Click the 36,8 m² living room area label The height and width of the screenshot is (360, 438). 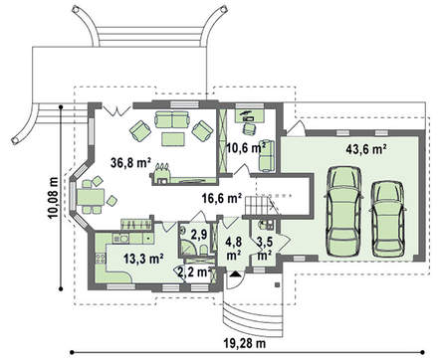coord(131,163)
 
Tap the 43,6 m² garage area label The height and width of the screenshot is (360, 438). coord(366,149)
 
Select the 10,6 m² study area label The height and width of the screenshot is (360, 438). coord(246,147)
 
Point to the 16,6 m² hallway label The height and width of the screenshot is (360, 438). coord(222,198)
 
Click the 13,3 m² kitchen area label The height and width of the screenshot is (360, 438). coord(143,259)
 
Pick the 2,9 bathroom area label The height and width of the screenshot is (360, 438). coord(199,235)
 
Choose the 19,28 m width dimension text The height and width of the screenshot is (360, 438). coord(246,343)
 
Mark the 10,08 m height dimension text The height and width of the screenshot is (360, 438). coord(53,198)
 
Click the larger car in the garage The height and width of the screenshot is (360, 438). coord(343,211)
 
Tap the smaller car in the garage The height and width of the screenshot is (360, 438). coord(387,219)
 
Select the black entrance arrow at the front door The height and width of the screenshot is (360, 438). coord(235,273)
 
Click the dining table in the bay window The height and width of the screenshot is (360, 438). coord(91,197)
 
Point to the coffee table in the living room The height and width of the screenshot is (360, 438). coord(172,138)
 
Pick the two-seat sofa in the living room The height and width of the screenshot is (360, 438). coord(172,119)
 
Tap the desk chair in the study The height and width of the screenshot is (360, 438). coord(250,128)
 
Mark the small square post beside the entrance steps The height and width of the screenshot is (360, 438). coord(277,284)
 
